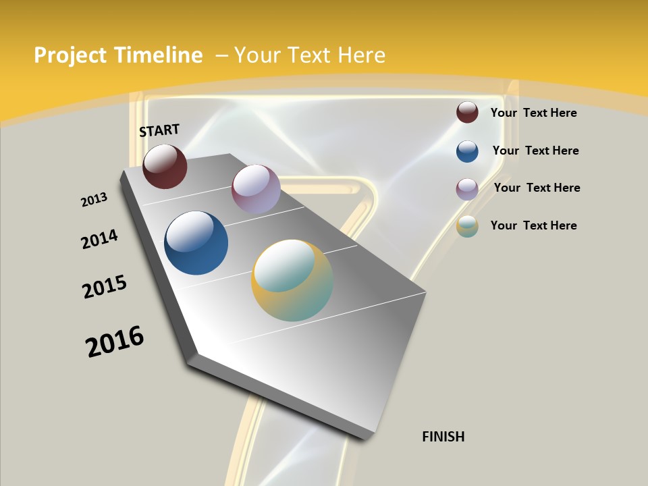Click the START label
(x=159, y=130)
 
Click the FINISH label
(x=443, y=437)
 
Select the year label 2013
(x=94, y=200)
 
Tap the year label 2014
(x=99, y=240)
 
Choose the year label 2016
(x=115, y=342)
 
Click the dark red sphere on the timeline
(x=165, y=167)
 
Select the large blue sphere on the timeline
(x=196, y=243)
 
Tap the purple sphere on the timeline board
(x=256, y=189)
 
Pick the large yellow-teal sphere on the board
(x=292, y=280)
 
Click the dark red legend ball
(x=467, y=112)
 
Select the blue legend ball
(x=467, y=151)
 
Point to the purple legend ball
(x=467, y=189)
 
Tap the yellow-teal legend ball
(x=467, y=226)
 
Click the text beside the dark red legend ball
(x=533, y=113)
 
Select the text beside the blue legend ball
(x=535, y=151)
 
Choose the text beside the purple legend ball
(x=537, y=188)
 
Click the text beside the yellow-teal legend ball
(x=533, y=225)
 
